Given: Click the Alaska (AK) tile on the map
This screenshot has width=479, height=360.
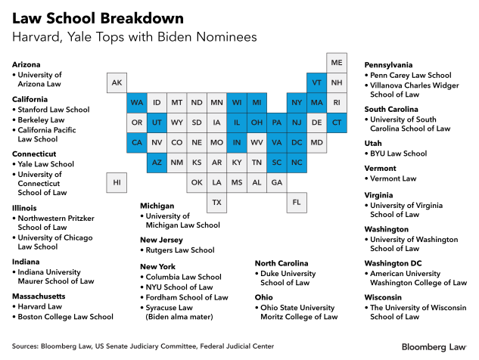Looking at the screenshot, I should tap(117, 82).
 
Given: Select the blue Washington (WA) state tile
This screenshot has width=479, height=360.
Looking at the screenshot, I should tap(137, 102).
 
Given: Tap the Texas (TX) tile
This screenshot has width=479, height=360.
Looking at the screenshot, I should tap(216, 202).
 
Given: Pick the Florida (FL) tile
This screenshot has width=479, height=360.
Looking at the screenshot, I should tap(297, 202).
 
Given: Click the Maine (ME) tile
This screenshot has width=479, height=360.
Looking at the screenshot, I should tap(337, 62).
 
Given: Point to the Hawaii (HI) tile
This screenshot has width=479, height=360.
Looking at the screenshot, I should tap(117, 182).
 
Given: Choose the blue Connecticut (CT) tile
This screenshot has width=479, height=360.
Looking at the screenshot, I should tap(337, 122).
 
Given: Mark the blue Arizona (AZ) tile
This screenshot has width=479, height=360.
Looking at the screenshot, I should tap(157, 162).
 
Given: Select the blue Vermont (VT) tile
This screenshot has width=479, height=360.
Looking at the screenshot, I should tap(316, 82).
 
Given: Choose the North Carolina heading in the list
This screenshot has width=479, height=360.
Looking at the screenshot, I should tap(286, 262).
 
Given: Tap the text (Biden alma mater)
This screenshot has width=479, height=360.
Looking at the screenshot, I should tap(179, 317).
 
